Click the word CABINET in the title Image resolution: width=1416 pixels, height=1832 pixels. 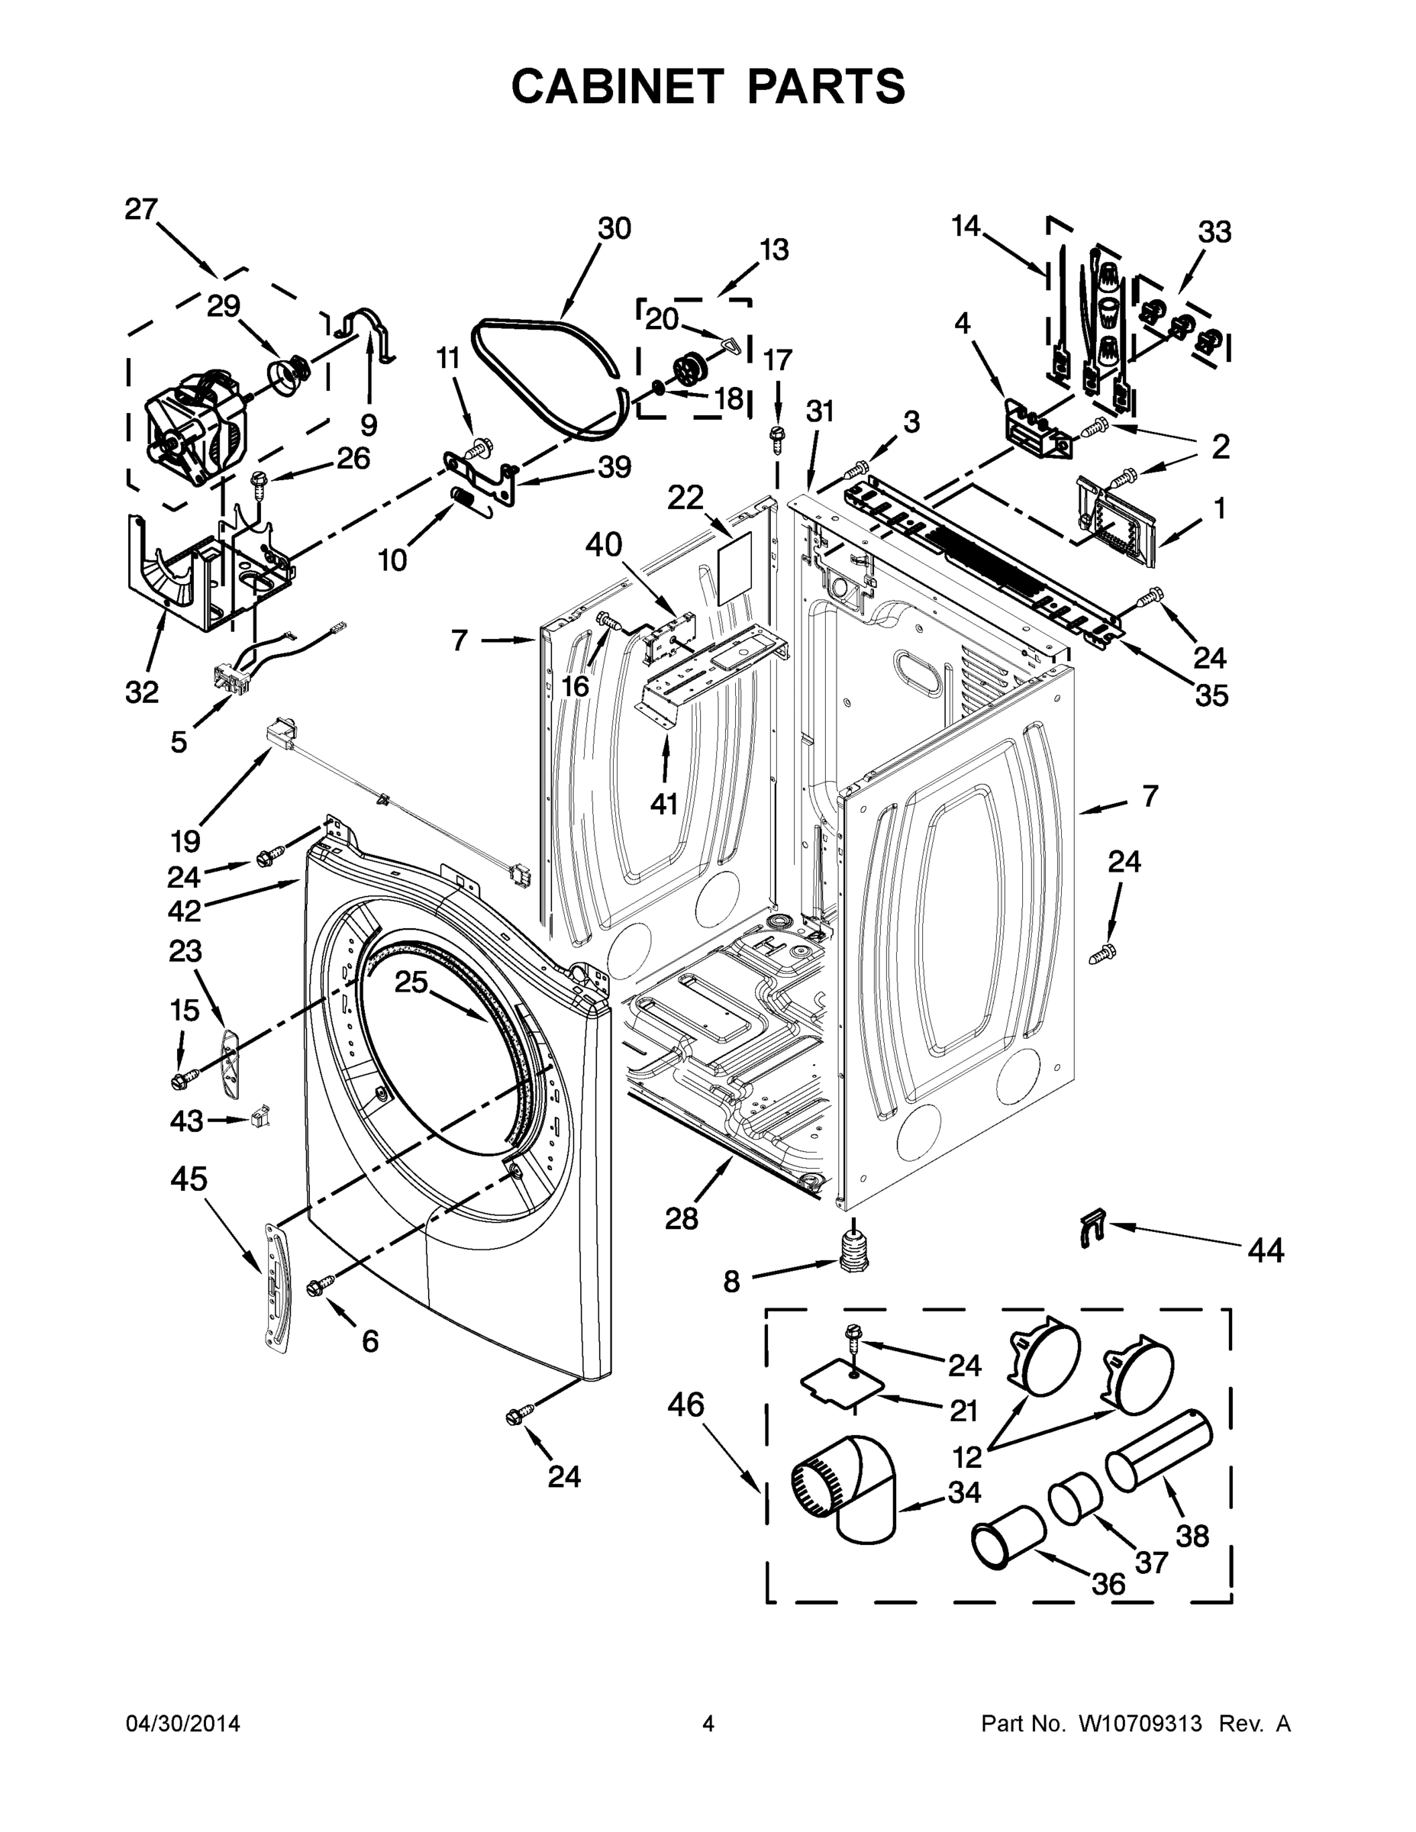617,86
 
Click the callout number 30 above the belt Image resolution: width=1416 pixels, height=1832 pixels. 614,228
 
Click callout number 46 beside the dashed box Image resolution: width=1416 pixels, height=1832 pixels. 685,1405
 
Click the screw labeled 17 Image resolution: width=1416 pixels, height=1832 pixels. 778,436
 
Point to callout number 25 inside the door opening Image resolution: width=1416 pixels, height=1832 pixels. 411,982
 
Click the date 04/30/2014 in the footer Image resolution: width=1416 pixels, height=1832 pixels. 183,1724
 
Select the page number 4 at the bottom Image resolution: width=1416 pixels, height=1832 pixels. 708,1724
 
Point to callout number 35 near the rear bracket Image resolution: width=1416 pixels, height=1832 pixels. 1211,695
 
